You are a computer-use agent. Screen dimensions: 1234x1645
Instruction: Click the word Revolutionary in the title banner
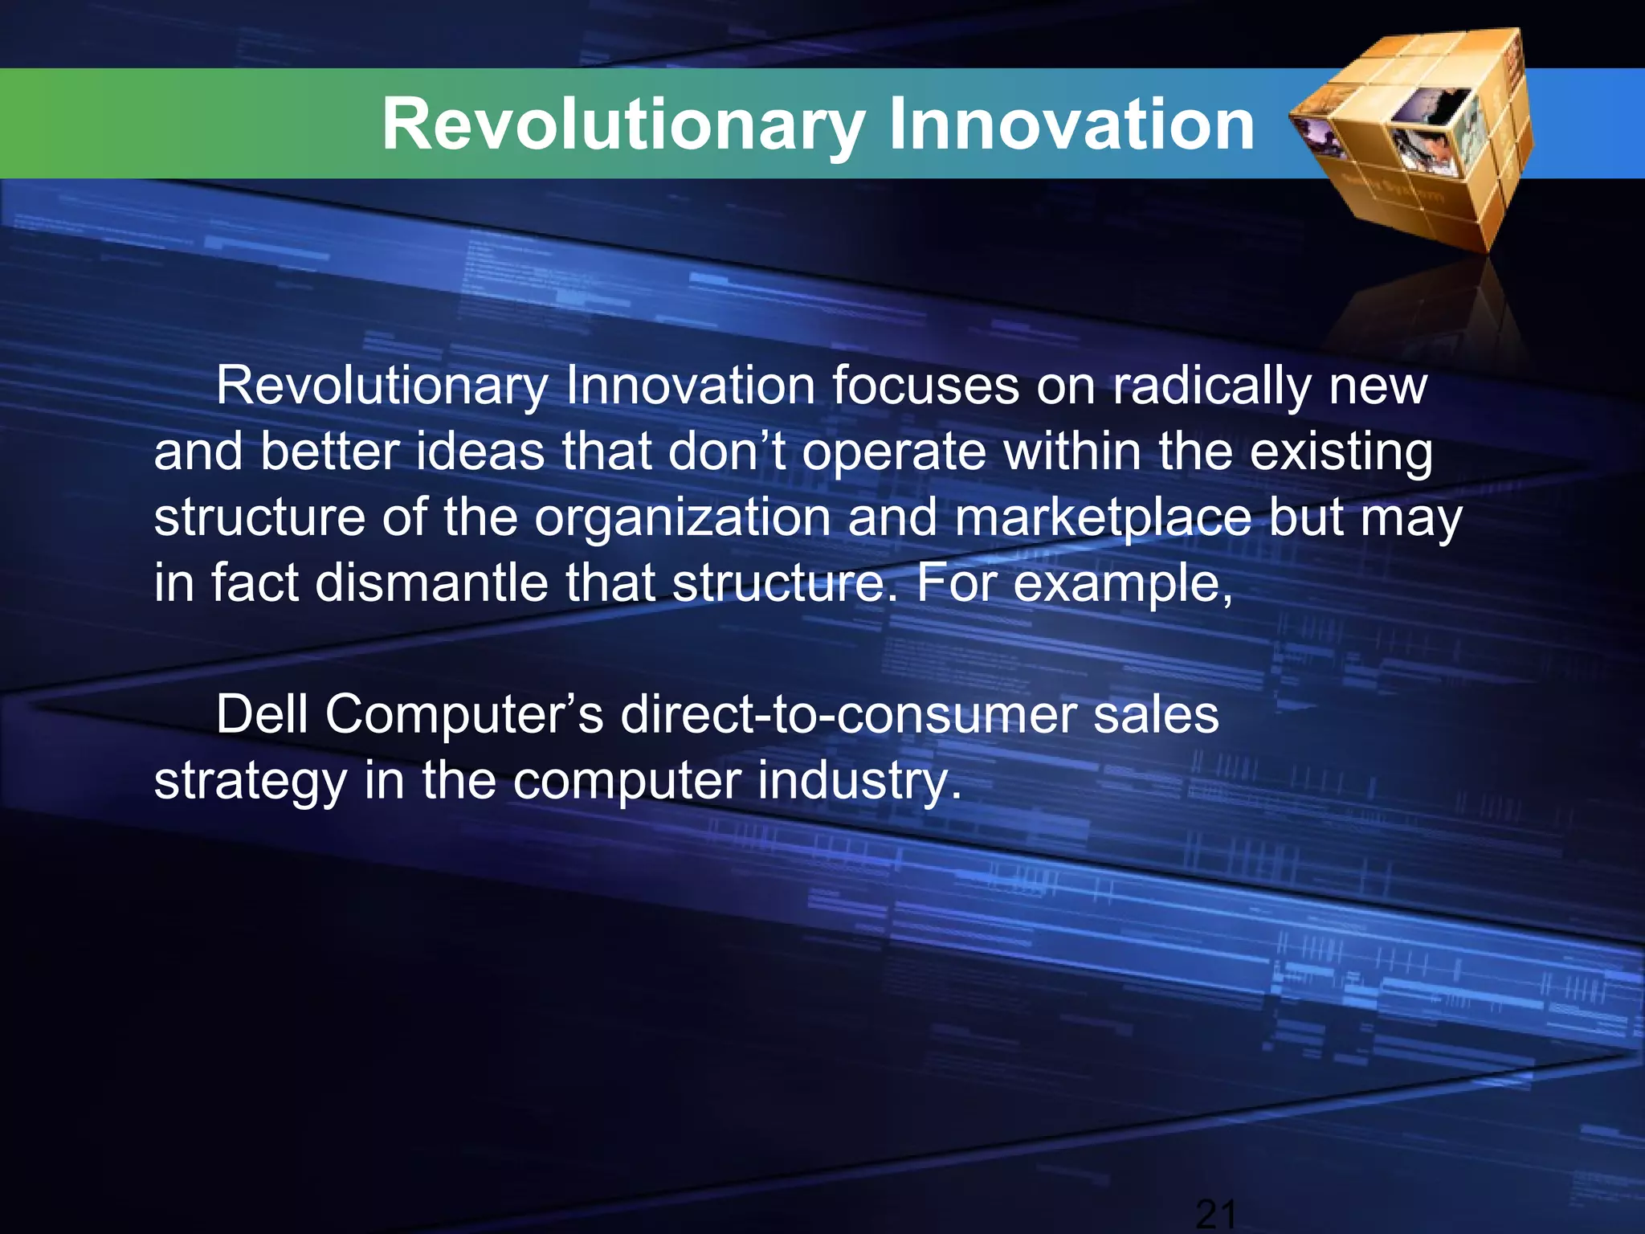(622, 125)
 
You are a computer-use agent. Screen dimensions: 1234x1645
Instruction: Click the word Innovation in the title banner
(1071, 125)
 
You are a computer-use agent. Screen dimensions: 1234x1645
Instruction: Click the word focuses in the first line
(924, 387)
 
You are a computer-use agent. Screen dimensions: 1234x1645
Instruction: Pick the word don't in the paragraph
(727, 452)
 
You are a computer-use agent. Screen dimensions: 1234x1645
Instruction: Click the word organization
(683, 518)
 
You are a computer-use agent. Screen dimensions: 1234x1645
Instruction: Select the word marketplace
(1103, 518)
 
